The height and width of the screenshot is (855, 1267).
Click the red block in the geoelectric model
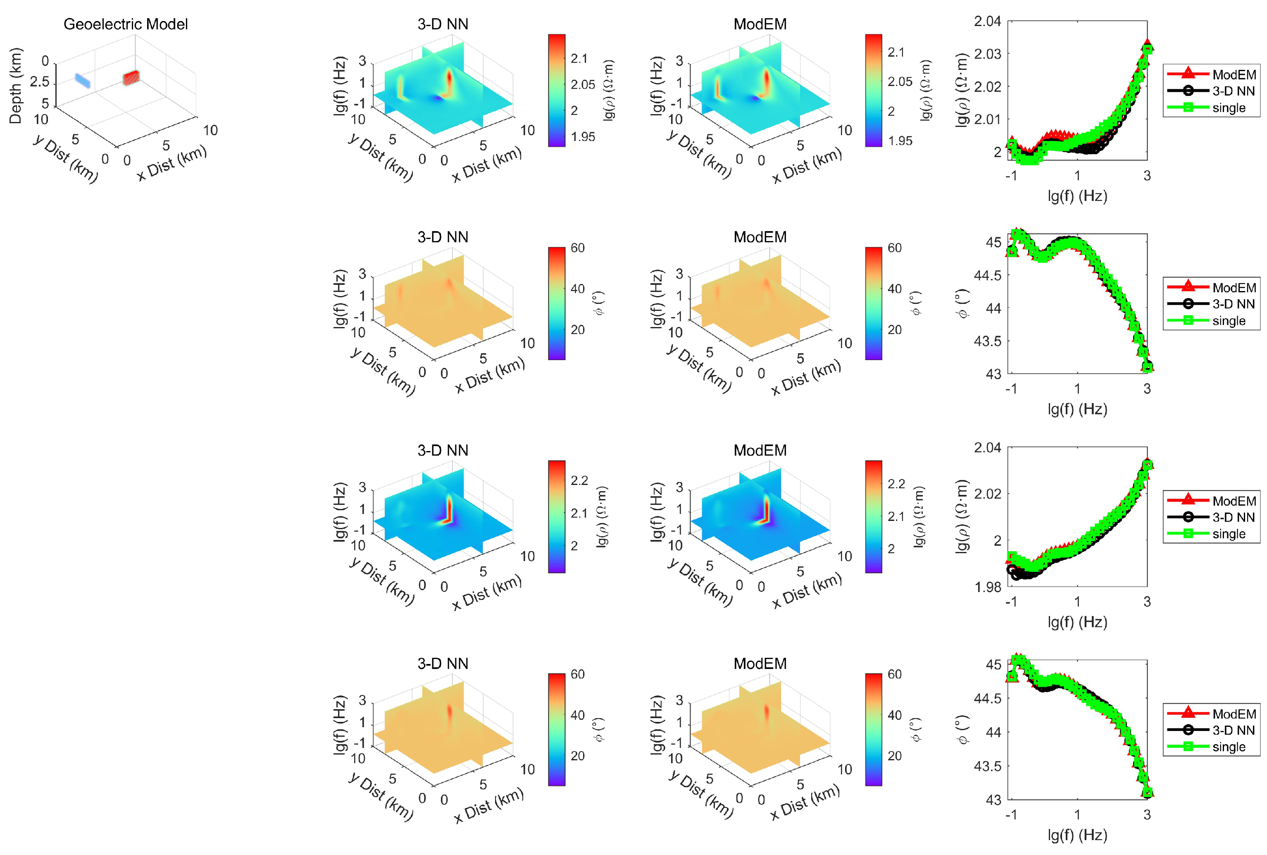point(131,78)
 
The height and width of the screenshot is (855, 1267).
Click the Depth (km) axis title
point(16,86)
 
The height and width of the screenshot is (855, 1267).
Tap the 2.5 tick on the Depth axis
point(39,82)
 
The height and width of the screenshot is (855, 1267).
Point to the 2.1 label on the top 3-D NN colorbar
point(579,58)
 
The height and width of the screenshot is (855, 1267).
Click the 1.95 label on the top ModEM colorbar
point(900,141)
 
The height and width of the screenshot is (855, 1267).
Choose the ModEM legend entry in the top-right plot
point(1234,75)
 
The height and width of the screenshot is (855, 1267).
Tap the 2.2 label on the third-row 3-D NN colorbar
point(579,480)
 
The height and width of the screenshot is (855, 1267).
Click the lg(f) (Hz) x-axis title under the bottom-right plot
point(1077,835)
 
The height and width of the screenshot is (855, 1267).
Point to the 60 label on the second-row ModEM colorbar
point(894,248)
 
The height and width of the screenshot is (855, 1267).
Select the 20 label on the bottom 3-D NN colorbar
point(577,756)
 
